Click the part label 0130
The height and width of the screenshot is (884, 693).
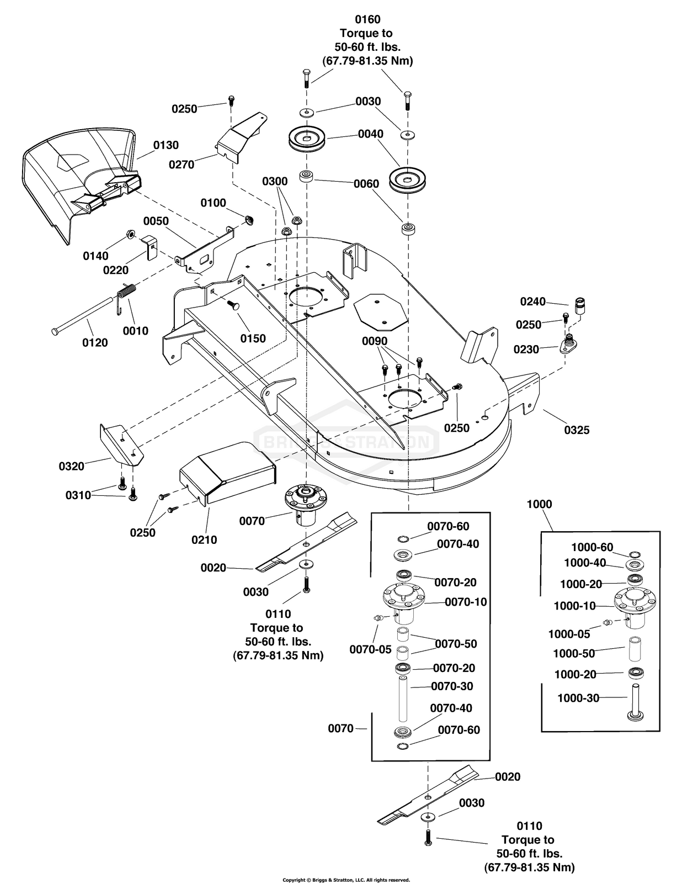pyautogui.click(x=166, y=145)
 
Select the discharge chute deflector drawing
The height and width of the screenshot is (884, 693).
pyautogui.click(x=77, y=182)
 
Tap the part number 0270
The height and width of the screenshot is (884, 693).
pyautogui.click(x=182, y=165)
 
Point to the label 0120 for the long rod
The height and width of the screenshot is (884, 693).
pyautogui.click(x=95, y=343)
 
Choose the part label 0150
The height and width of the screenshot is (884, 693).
pyautogui.click(x=253, y=338)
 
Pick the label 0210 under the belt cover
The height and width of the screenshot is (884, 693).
pyautogui.click(x=204, y=540)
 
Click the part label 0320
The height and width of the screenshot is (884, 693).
pyautogui.click(x=72, y=467)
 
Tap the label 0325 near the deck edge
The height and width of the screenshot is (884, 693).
pyautogui.click(x=577, y=430)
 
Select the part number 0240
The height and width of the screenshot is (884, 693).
pyautogui.click(x=532, y=301)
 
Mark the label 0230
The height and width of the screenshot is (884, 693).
pyautogui.click(x=526, y=350)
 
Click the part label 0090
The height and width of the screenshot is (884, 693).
pyautogui.click(x=375, y=341)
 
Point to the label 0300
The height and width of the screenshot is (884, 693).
pyautogui.click(x=275, y=181)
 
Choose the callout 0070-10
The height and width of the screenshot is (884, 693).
pyautogui.click(x=466, y=602)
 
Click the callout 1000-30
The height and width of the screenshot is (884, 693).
pyautogui.click(x=578, y=698)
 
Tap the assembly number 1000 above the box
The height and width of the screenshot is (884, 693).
pyautogui.click(x=539, y=504)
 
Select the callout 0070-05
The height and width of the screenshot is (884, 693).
pyautogui.click(x=370, y=649)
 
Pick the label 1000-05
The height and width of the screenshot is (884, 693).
pyautogui.click(x=569, y=634)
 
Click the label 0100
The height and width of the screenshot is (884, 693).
pyautogui.click(x=213, y=203)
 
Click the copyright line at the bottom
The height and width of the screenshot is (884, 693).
pyautogui.click(x=346, y=880)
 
